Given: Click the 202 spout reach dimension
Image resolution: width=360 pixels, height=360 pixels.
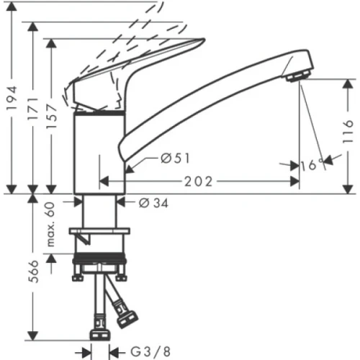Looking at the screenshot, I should tap(199, 181).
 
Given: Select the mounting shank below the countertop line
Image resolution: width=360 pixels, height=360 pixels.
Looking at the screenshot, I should tap(100, 210).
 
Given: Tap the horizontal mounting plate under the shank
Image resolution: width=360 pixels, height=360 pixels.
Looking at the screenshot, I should tap(99, 232).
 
